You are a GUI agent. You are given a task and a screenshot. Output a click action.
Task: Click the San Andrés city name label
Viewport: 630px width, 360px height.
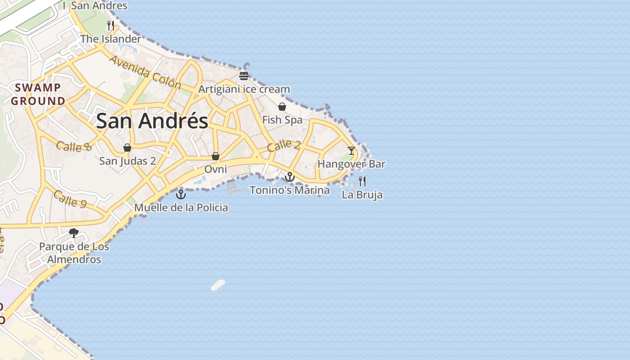tap(152, 121)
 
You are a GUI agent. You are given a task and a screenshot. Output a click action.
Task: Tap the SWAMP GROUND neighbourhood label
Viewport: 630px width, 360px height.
tap(38, 94)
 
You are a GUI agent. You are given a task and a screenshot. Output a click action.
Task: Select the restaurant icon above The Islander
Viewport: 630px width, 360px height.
tap(111, 25)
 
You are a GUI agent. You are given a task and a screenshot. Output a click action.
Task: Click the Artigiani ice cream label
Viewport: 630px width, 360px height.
tap(244, 89)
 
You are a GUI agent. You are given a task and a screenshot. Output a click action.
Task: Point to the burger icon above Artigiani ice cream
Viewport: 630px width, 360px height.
tap(244, 76)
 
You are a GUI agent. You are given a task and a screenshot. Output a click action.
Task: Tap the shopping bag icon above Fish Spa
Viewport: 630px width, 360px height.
tap(282, 107)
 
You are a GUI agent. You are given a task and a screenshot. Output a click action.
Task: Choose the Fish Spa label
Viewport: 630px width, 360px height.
tap(282, 120)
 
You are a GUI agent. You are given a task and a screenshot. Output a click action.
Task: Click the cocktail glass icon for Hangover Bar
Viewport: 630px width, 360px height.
tap(351, 151)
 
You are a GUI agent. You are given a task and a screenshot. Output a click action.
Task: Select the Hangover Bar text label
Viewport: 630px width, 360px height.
tap(351, 164)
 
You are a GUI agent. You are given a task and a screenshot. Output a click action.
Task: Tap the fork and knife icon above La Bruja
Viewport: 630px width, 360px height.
tap(362, 181)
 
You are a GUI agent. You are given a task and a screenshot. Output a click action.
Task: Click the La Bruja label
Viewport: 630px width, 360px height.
tap(362, 195)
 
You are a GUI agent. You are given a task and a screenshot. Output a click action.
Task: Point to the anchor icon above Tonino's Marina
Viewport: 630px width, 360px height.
tap(290, 177)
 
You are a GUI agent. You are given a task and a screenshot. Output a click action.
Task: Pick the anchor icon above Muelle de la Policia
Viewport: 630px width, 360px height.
tap(180, 194)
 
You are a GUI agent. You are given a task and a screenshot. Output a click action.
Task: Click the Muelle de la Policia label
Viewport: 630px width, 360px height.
tap(181, 207)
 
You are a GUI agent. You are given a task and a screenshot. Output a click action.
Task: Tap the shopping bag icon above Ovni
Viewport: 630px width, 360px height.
tap(216, 156)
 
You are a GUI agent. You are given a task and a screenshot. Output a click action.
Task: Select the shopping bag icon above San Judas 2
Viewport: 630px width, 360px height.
tap(127, 148)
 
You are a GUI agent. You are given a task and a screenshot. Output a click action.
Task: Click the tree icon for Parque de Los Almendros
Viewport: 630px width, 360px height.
tap(74, 233)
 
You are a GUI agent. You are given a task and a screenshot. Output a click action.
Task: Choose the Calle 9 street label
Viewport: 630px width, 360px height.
tap(70, 198)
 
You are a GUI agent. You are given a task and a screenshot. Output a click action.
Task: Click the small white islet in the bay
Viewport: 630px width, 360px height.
tap(218, 285)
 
